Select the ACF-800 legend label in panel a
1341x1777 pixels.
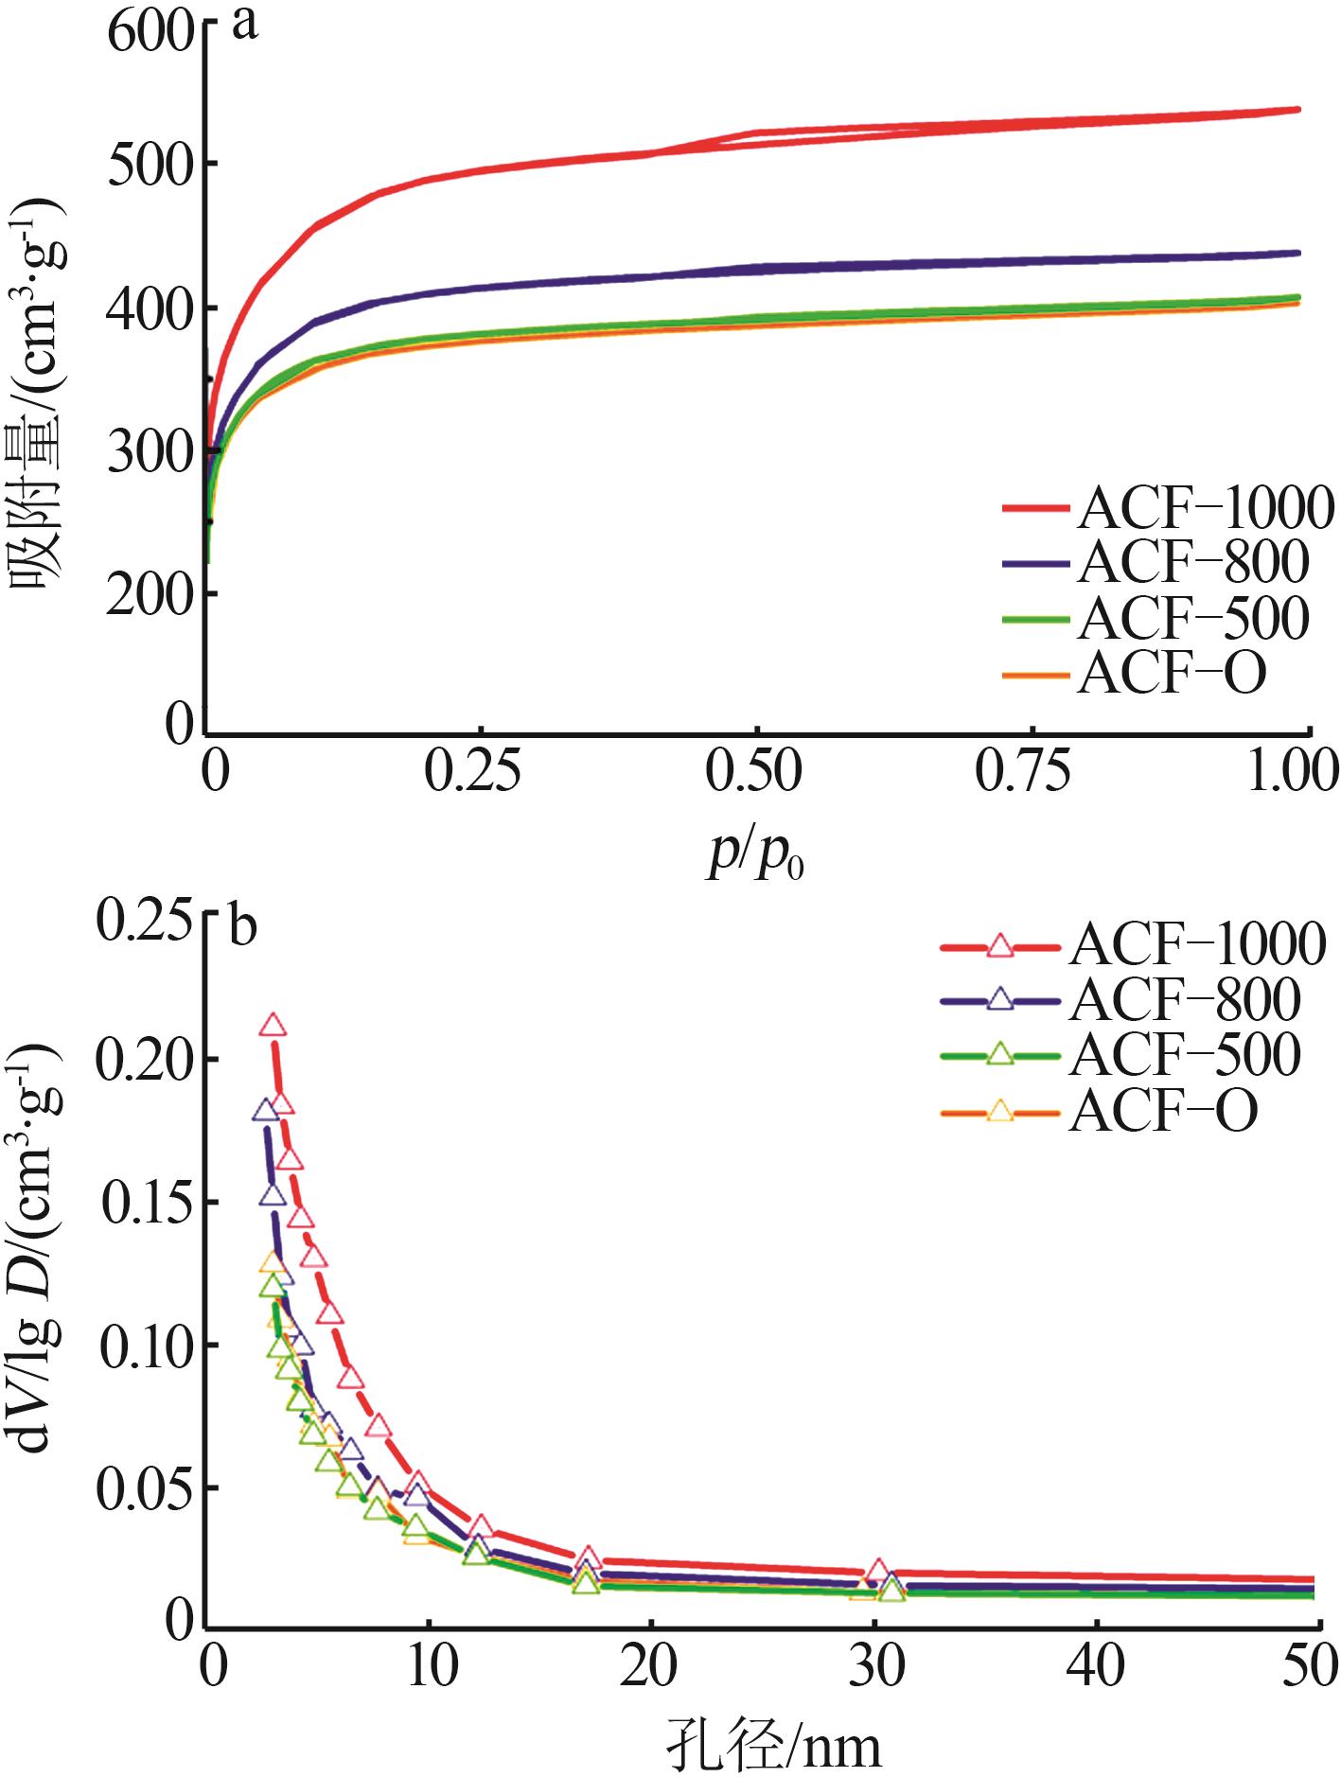[1192, 562]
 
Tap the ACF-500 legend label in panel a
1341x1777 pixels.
[1192, 618]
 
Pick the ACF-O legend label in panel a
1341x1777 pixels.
[1172, 673]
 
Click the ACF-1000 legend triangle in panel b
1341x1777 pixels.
[999, 945]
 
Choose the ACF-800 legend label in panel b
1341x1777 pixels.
[1185, 1000]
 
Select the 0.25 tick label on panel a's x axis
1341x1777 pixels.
[472, 772]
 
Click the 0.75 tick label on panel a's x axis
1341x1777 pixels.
[1023, 772]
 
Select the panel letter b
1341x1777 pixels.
[243, 928]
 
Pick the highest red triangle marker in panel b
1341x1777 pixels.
[273, 1026]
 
